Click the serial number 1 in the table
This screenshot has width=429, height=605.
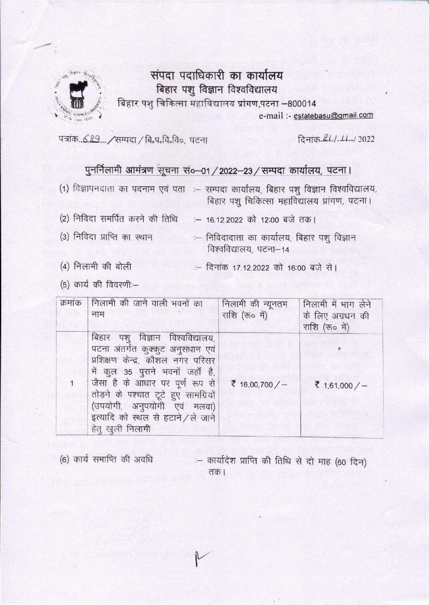pyautogui.click(x=72, y=382)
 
